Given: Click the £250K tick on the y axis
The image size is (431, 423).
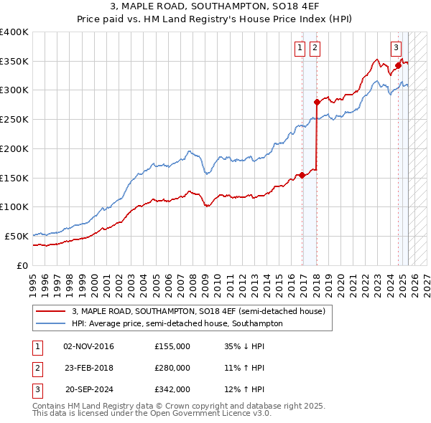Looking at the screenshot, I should click(14, 119).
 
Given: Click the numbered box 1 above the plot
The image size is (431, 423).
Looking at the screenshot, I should click(299, 48).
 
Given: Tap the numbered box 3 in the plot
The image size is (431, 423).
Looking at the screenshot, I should click(396, 48).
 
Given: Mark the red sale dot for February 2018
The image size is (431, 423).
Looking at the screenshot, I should click(317, 102).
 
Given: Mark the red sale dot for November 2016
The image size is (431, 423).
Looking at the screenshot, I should click(302, 174).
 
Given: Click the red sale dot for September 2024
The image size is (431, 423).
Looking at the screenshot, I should click(398, 65).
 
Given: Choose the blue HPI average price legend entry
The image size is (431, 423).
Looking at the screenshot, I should click(177, 323).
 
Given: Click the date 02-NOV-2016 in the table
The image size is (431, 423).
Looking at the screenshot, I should click(89, 346).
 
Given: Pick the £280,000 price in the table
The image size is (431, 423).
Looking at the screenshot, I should click(172, 368).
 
